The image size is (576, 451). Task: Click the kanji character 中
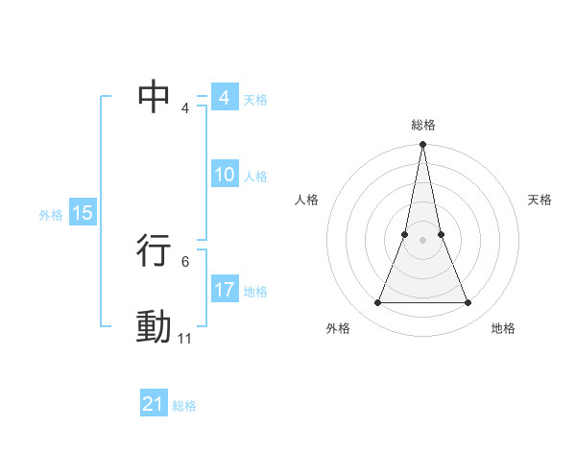pyautogui.click(x=155, y=97)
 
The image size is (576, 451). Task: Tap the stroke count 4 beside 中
pyautogui.click(x=184, y=108)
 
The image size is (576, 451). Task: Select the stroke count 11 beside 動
pyautogui.click(x=184, y=339)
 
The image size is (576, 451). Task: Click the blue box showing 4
pyautogui.click(x=224, y=98)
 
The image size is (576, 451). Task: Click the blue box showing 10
pyautogui.click(x=224, y=175)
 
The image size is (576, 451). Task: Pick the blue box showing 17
pyautogui.click(x=224, y=290)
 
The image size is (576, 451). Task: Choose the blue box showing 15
pyautogui.click(x=83, y=213)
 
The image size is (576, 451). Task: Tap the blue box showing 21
pyautogui.click(x=153, y=405)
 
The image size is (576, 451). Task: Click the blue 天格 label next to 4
pyautogui.click(x=254, y=99)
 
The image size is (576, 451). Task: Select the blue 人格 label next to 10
pyautogui.click(x=255, y=176)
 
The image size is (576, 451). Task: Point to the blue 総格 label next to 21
pyautogui.click(x=184, y=406)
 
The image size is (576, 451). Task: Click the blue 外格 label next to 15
pyautogui.click(x=51, y=215)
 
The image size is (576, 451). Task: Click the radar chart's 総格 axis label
pyautogui.click(x=422, y=125)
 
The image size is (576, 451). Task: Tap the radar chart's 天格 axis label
pyautogui.click(x=540, y=200)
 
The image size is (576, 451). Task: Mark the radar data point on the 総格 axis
pyautogui.click(x=422, y=145)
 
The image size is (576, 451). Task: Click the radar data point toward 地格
pyautogui.click(x=468, y=303)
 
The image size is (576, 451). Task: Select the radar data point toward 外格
pyautogui.click(x=377, y=303)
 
